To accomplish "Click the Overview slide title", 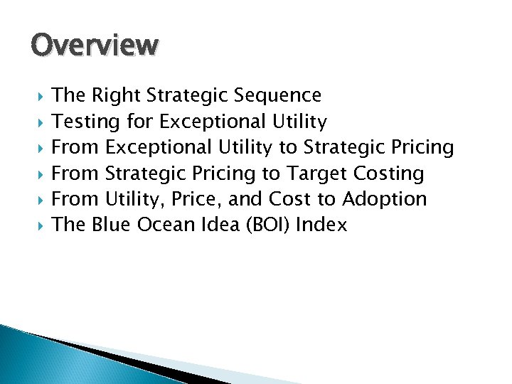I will coord(94,46).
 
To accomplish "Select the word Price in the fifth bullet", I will coord(198,200).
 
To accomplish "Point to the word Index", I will coord(321,225).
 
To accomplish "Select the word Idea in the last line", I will coord(215,225).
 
